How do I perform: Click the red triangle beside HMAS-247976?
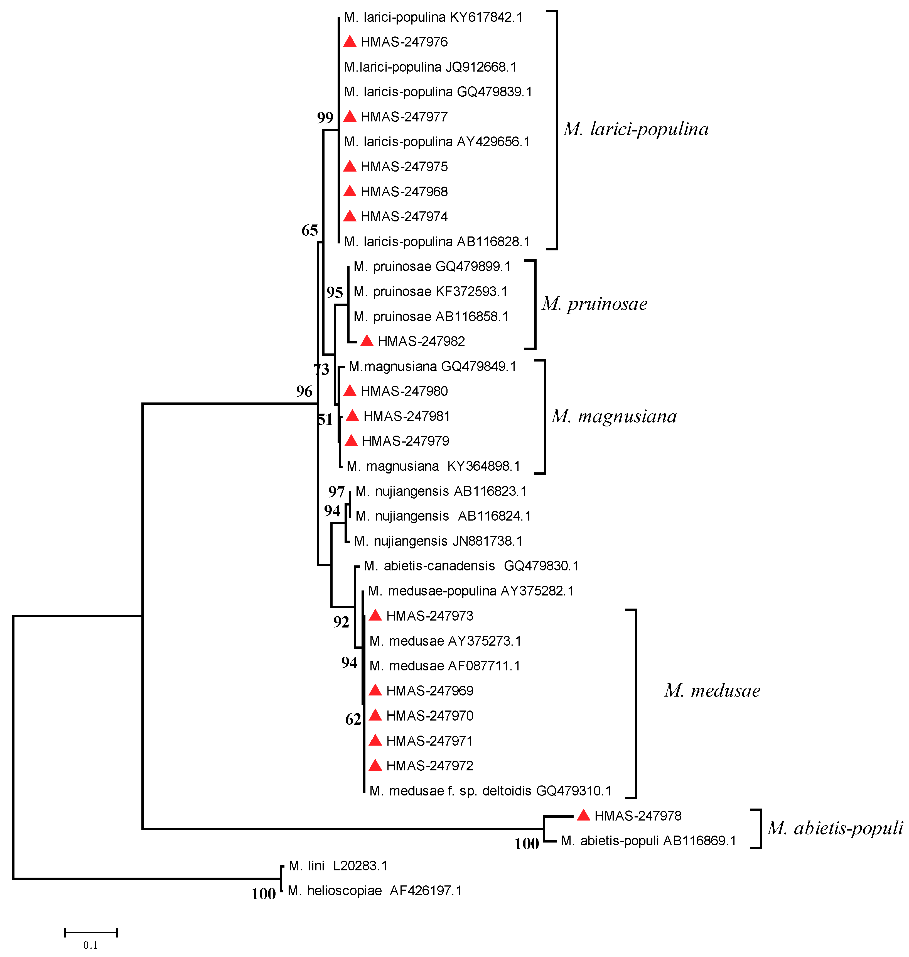tap(349, 42)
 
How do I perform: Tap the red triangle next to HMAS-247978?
tap(583, 816)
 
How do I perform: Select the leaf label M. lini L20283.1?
tap(338, 866)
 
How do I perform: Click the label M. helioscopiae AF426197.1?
tap(375, 891)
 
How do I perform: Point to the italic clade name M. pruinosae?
tap(594, 304)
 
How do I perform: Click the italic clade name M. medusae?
tap(712, 690)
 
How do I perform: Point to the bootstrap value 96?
tap(304, 391)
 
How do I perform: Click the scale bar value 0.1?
tap(91, 945)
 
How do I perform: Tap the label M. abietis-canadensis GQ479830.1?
tap(471, 566)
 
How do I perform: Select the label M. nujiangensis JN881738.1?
tap(438, 541)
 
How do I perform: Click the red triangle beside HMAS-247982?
tap(367, 341)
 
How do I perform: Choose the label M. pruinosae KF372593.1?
tap(430, 291)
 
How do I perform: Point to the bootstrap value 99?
tap(325, 118)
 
